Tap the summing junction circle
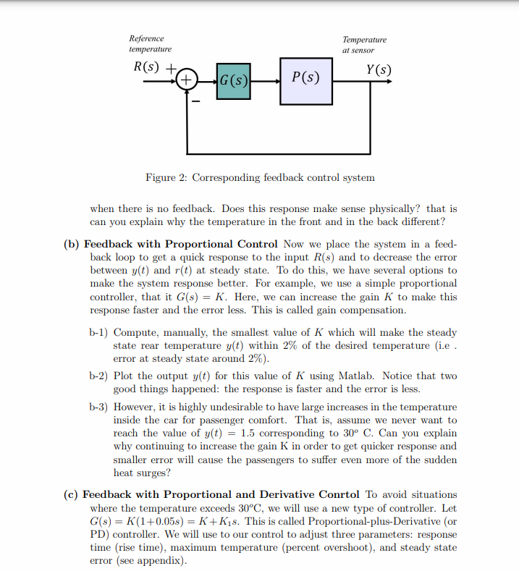tap(187, 79)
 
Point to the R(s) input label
tap(148, 69)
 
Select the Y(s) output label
tap(379, 69)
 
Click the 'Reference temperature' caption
tap(150, 43)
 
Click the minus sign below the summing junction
tap(194, 101)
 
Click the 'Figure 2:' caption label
tap(169, 177)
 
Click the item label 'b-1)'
tap(98, 332)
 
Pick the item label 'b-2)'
tap(98, 376)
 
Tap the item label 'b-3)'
tap(98, 407)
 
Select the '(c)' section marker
tap(72, 494)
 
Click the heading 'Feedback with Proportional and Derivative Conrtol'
tap(221, 494)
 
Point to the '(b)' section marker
tap(72, 244)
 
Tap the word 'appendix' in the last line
tap(161, 560)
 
